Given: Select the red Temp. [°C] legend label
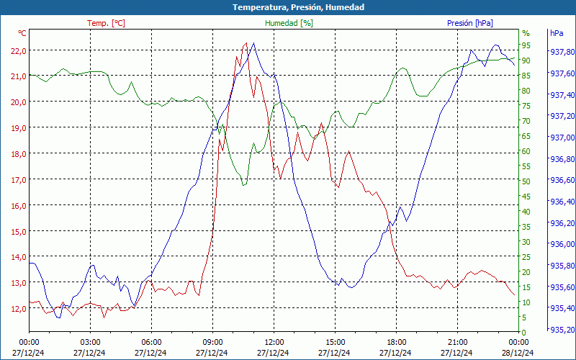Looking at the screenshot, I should tap(106, 23).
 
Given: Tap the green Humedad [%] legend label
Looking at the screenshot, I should tap(289, 23).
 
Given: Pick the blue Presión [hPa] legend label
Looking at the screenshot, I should tap(469, 23).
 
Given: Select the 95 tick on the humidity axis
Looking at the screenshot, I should tap(526, 45).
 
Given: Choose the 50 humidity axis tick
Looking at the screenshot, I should tap(526, 181).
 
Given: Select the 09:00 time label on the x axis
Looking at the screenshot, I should tap(212, 341).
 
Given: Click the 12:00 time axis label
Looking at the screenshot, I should tap(274, 341).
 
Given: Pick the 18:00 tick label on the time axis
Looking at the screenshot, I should tap(397, 341).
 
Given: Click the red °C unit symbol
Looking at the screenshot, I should tap(22, 33).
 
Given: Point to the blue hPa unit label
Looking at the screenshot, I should tap(556, 33).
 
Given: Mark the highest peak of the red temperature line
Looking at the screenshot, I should tap(246, 43).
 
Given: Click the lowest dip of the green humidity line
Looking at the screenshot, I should tap(243, 186).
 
